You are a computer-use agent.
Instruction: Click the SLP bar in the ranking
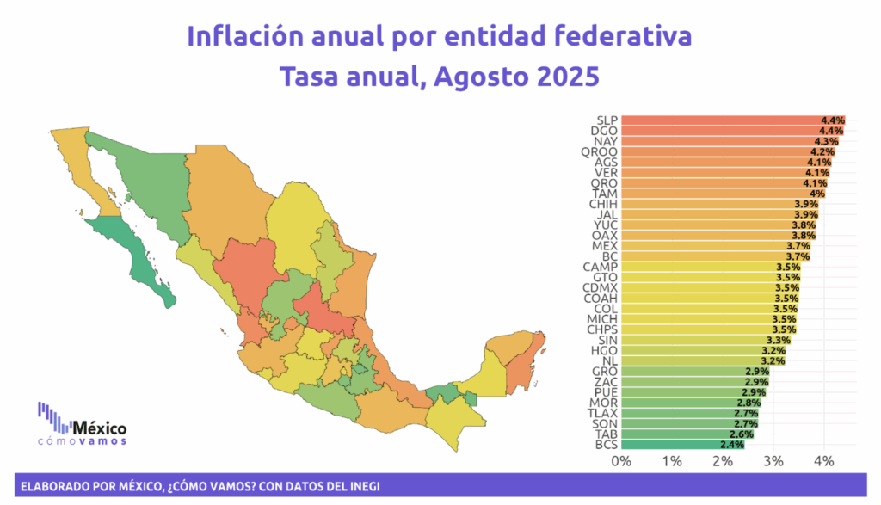point(733,120)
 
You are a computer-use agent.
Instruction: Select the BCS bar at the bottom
point(682,445)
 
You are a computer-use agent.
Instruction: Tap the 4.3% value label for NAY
point(827,142)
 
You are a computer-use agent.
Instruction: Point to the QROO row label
point(599,151)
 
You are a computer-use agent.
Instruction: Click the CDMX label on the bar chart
point(600,287)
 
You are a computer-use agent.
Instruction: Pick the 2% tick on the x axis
point(723,461)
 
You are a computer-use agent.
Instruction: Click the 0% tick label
point(621,461)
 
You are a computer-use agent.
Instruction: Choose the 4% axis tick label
point(823,461)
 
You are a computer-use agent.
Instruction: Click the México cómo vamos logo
point(82,424)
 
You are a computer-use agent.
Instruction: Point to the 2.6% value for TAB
point(742,434)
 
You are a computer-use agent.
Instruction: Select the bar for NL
point(704,361)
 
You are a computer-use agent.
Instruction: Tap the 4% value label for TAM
point(817,194)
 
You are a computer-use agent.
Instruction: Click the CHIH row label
point(603,204)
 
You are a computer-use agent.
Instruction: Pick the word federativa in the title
point(623,36)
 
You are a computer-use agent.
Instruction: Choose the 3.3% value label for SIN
point(778,341)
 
